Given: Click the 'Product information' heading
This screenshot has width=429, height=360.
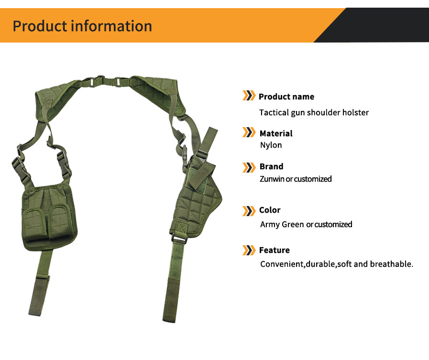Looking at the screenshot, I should [x=82, y=26].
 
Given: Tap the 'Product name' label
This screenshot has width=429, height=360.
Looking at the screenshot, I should [x=286, y=97].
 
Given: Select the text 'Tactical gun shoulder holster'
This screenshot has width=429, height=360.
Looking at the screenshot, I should [x=314, y=112].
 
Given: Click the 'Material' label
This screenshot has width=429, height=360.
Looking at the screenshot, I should [x=275, y=133].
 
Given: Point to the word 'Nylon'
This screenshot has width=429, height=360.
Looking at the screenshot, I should [x=271, y=145].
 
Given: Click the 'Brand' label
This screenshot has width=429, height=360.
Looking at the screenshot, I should [x=271, y=166].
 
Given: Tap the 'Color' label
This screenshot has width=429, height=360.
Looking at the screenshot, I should [x=270, y=210].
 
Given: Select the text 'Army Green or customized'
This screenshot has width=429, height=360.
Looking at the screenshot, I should [x=306, y=224].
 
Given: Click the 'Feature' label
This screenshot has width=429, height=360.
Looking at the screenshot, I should [x=274, y=250].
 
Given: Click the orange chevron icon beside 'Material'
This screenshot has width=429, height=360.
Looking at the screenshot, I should [x=249, y=133].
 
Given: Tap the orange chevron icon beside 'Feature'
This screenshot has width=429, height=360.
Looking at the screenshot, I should [x=249, y=250].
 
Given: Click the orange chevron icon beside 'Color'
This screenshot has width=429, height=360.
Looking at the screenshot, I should [x=249, y=210].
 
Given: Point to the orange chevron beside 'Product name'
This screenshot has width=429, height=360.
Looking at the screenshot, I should [x=249, y=96].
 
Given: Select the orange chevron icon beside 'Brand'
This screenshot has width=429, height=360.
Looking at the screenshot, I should [x=249, y=167].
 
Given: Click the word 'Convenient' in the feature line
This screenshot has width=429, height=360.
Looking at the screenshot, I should [x=282, y=264].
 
